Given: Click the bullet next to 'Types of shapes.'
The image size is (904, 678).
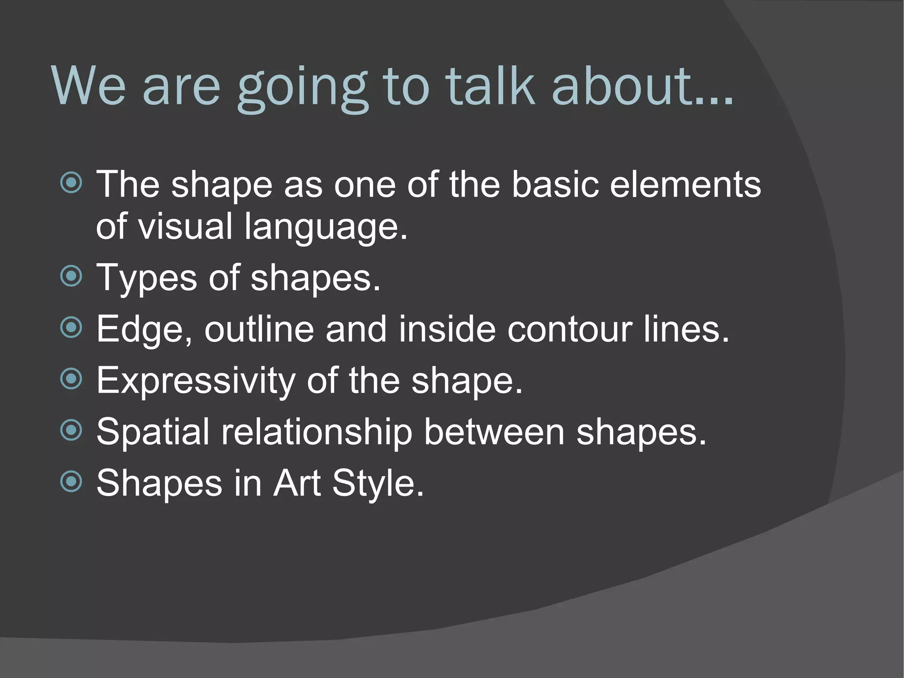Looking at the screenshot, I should point(71,277).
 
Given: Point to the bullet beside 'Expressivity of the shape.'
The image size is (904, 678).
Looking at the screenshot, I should point(71,379).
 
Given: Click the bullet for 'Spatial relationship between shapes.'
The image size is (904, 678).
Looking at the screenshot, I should point(71,430).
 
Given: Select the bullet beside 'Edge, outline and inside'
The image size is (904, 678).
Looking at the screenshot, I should point(71,328).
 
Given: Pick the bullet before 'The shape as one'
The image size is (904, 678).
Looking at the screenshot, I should point(71,183).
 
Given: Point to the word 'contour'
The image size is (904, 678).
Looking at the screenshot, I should point(569,330).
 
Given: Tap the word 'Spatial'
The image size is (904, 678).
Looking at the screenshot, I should point(153,432).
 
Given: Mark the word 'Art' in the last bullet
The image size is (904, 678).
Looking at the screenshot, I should point(297,483).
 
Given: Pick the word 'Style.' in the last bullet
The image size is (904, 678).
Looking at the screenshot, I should point(378,484).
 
